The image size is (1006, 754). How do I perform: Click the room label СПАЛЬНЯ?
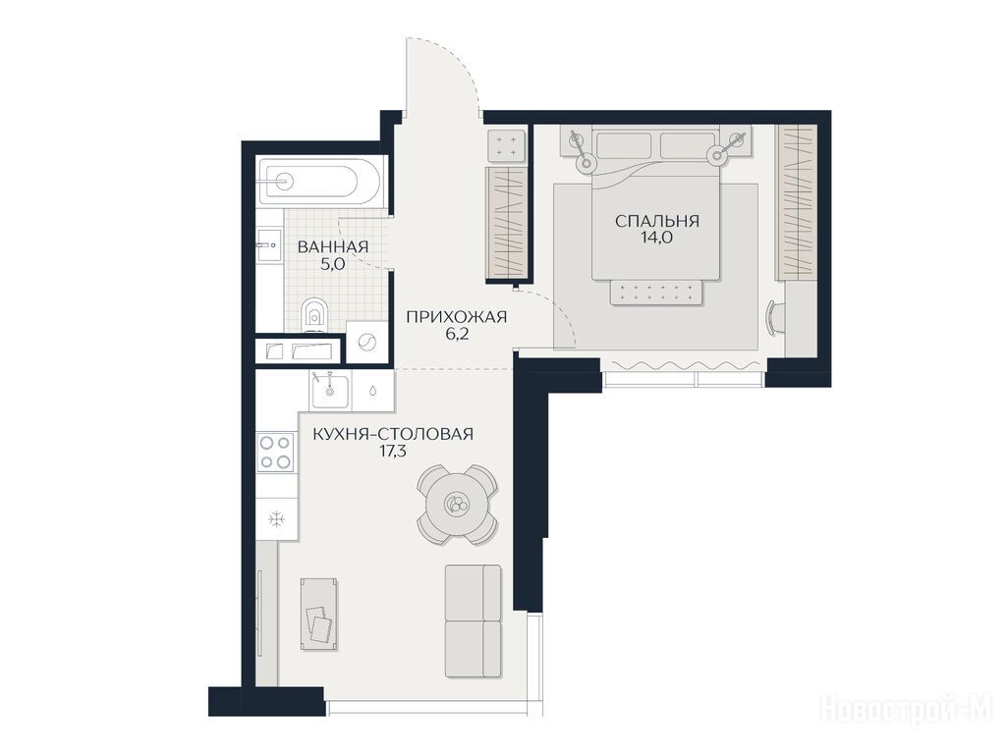pos(657,221)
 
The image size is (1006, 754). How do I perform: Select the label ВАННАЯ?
pos(333,246)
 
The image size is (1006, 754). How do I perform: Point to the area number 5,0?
pos(333,263)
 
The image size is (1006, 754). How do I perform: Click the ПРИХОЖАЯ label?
pos(457,317)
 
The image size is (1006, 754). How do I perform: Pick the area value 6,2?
pos(457,334)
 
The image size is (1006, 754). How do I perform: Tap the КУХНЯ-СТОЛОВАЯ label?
pos(393,434)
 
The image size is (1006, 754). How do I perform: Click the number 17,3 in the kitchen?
pos(393,451)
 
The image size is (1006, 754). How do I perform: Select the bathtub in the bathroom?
pos(307,182)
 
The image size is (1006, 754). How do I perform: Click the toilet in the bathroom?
pos(313,315)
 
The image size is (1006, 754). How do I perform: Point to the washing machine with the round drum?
pos(366,343)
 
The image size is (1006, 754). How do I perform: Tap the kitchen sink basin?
pos(330,391)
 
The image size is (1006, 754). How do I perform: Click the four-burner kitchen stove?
pos(275,452)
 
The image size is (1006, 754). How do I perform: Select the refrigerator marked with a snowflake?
pos(277,518)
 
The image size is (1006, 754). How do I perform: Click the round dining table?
pos(457,505)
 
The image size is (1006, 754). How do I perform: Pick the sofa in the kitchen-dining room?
pos(473,620)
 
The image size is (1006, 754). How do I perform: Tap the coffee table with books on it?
pos(319,614)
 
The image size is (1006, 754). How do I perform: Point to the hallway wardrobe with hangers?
pos(507,223)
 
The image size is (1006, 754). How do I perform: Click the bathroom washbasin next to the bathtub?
pos(269,244)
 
